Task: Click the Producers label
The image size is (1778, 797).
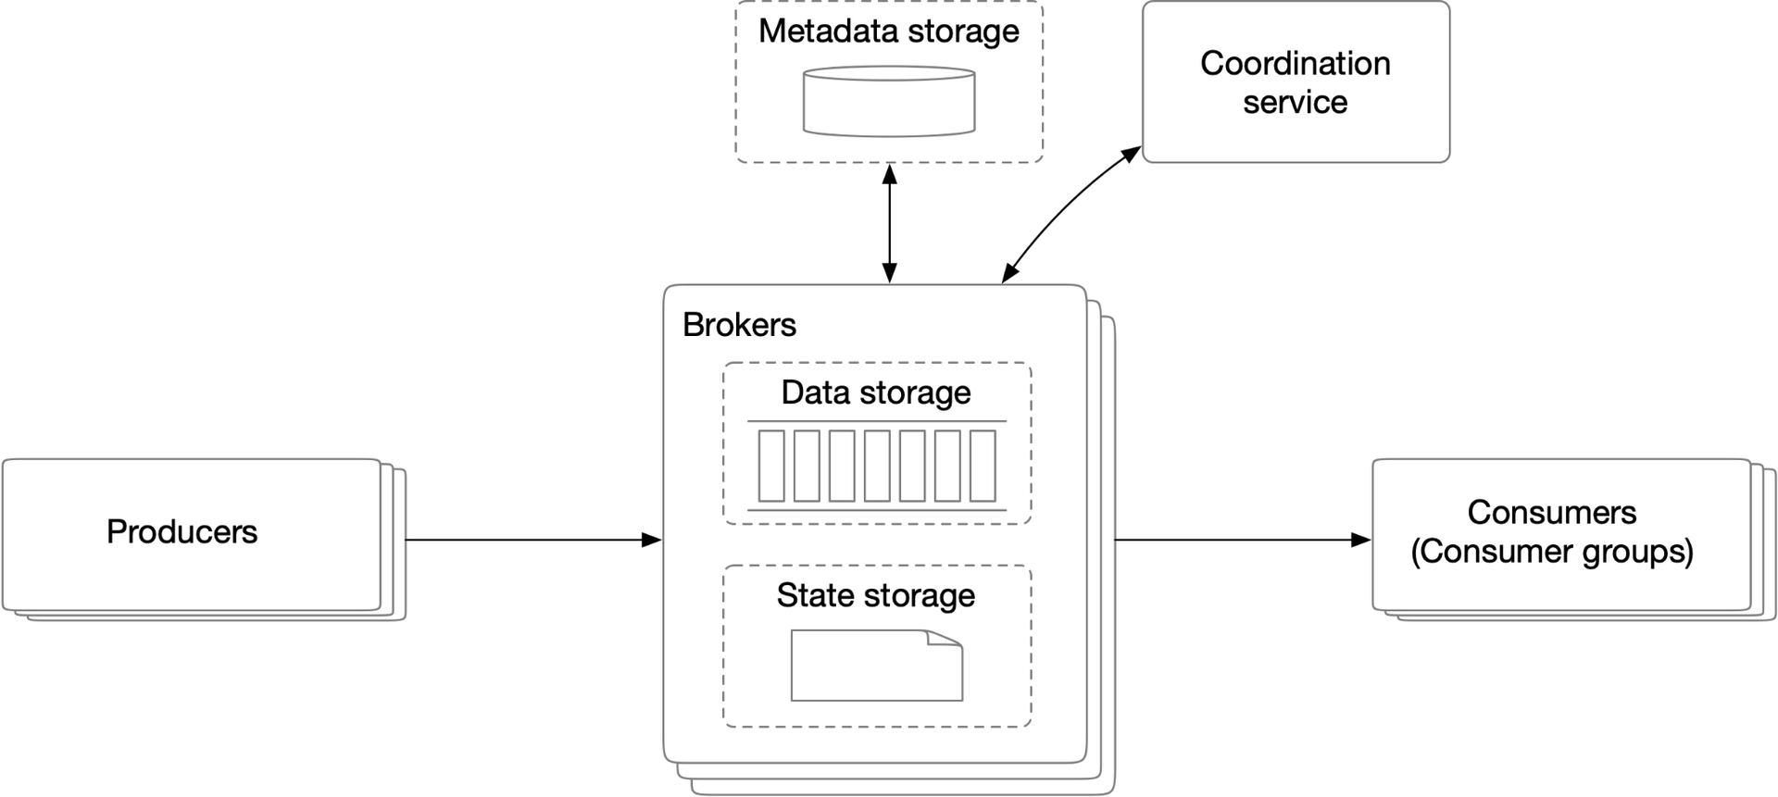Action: tap(182, 531)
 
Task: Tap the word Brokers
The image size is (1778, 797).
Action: tap(739, 325)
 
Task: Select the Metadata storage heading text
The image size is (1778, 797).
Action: tap(889, 31)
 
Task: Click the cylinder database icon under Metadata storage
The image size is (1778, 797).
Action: tap(889, 101)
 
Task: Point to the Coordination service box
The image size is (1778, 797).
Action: tap(1296, 82)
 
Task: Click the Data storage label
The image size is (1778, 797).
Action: tap(876, 392)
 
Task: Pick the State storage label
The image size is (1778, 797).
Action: tap(876, 595)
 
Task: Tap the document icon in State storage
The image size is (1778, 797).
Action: tap(877, 666)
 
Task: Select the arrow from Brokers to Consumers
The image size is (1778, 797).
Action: tap(1243, 540)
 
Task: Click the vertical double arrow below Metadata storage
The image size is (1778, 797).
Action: tap(890, 224)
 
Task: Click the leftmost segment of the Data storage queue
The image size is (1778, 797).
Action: tap(771, 466)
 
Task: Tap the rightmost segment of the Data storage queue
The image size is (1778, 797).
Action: tap(983, 466)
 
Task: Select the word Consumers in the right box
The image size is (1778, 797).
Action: tap(1552, 513)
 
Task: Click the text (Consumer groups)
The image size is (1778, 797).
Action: tap(1552, 552)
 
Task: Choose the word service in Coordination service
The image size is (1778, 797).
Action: tap(1296, 102)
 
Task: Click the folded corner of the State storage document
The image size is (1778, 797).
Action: tap(945, 639)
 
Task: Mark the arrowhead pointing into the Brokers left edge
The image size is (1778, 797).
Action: tap(653, 540)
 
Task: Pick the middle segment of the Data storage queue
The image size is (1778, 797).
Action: tap(877, 466)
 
